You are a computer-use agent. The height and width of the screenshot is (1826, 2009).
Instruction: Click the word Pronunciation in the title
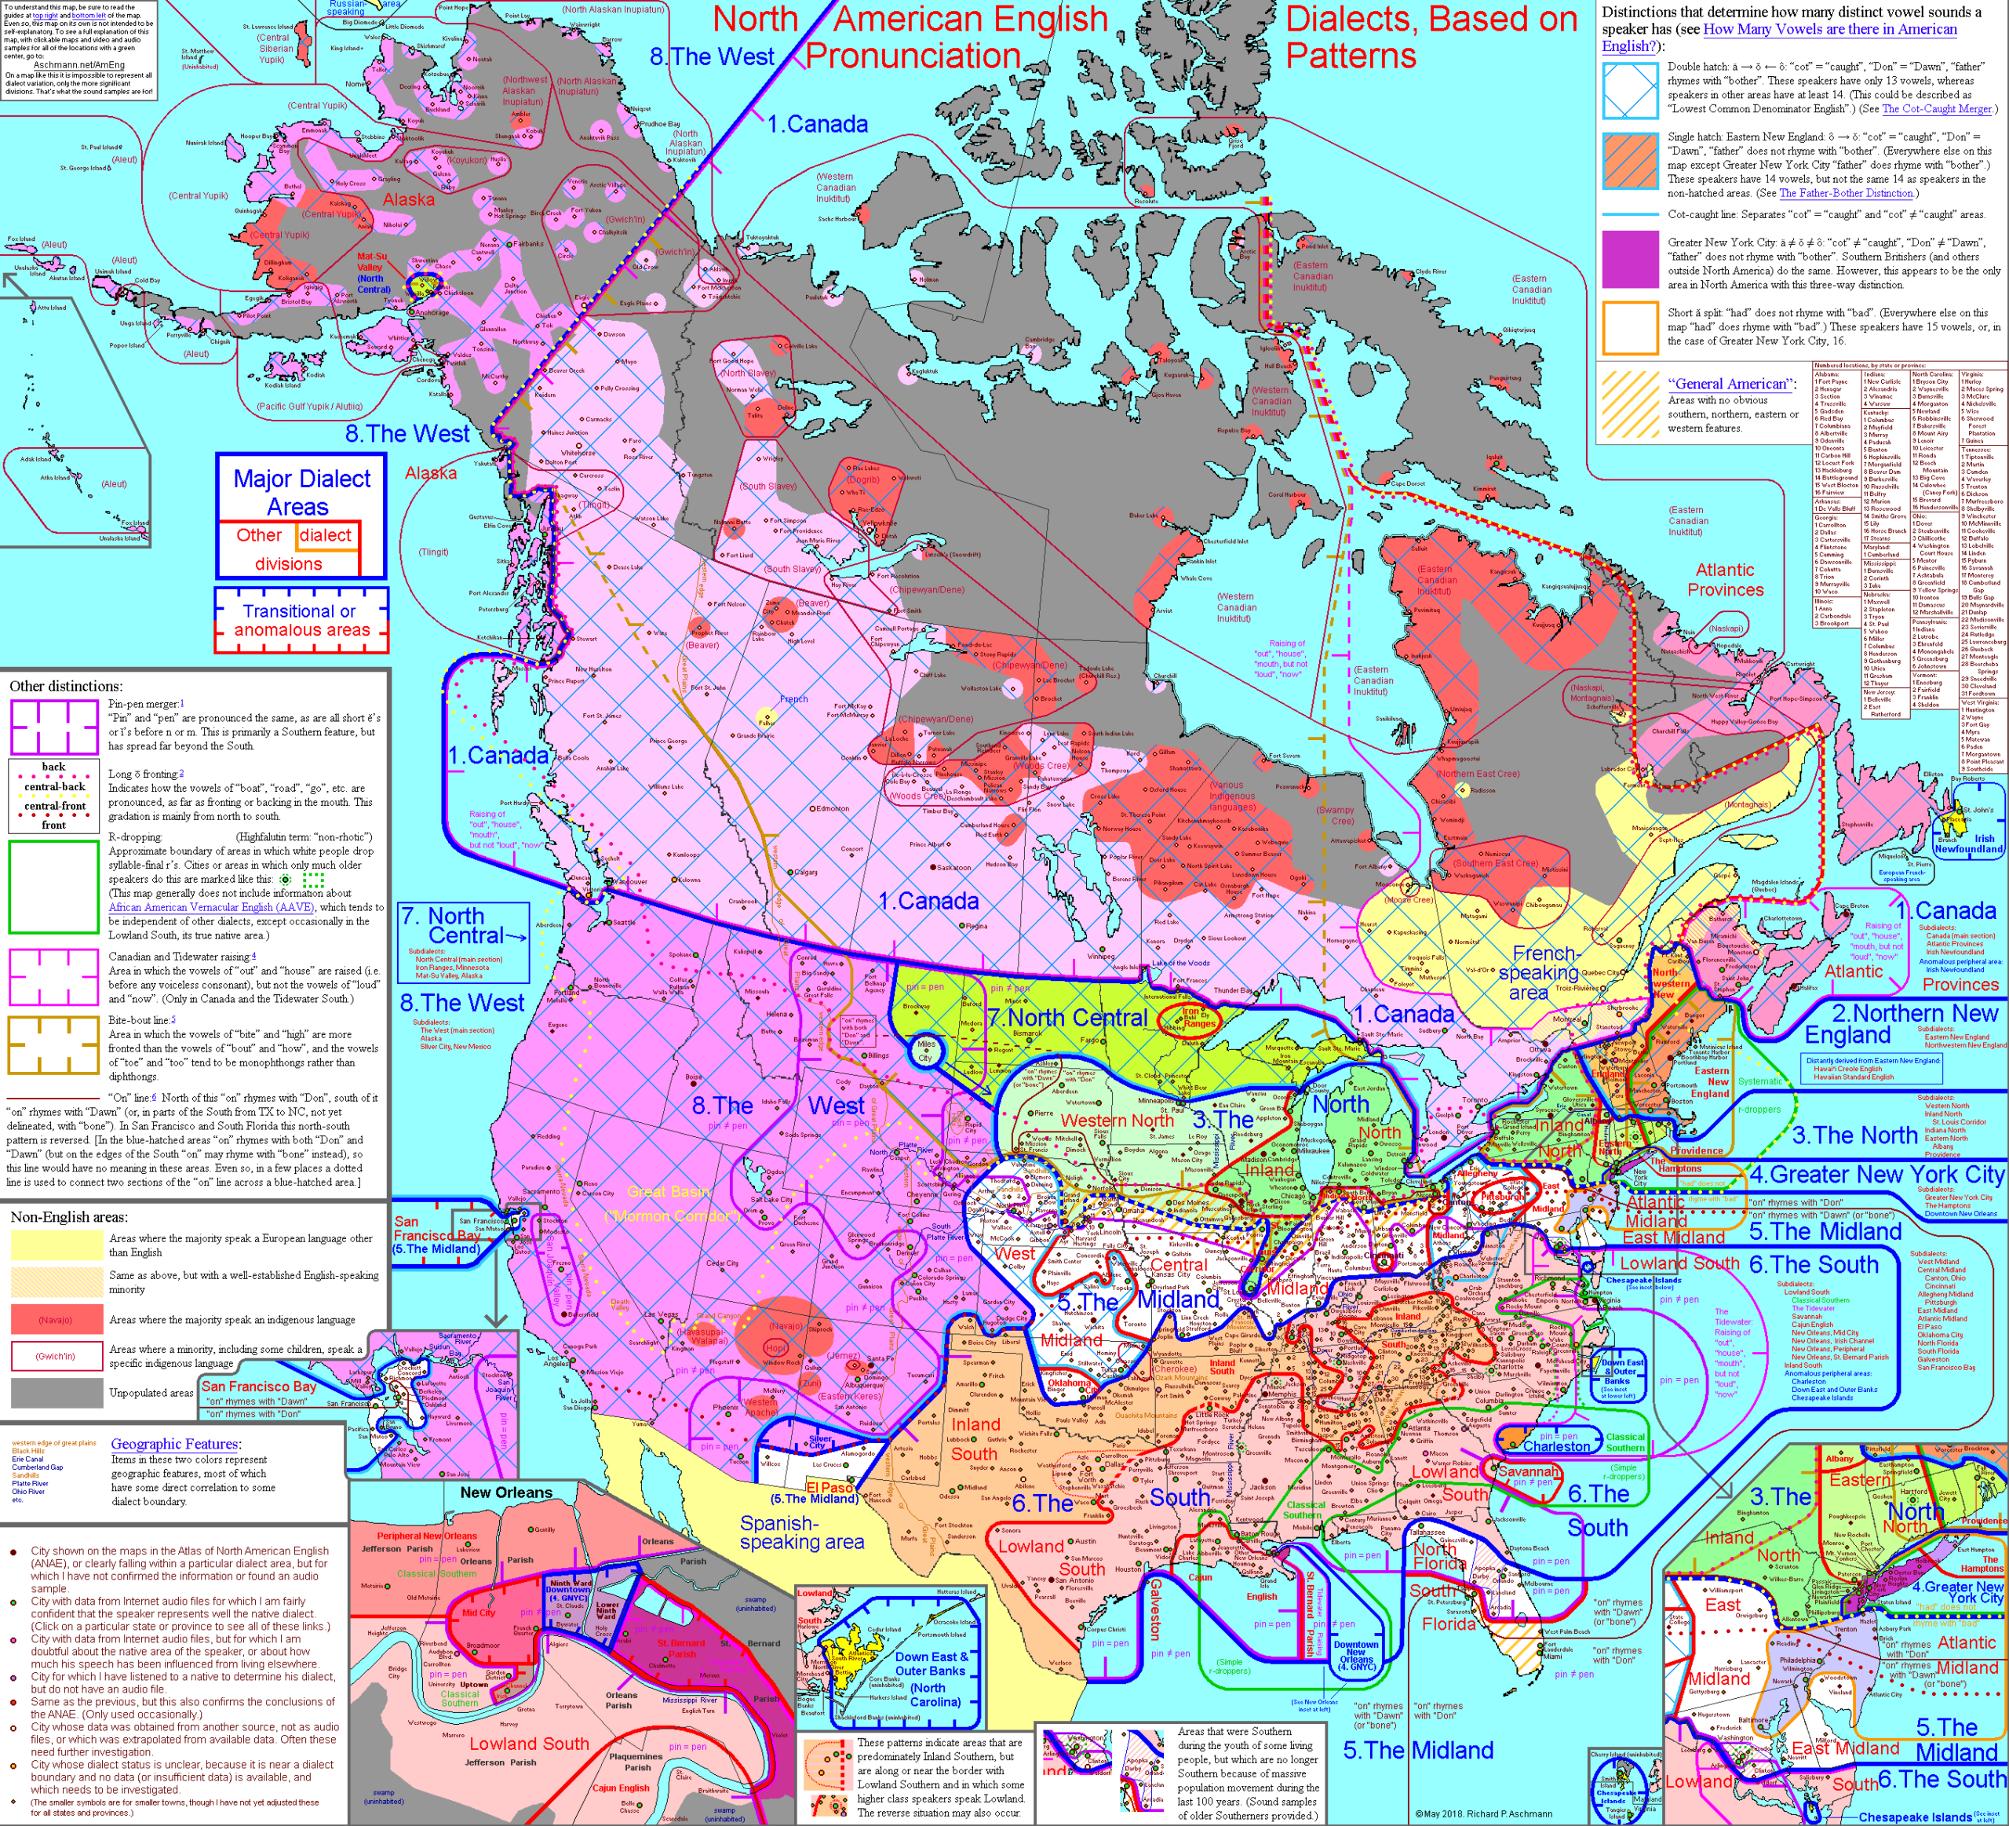coord(913,56)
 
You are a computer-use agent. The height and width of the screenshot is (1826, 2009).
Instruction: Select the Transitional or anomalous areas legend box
coord(301,621)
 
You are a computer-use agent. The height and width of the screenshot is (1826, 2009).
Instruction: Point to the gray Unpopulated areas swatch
coord(56,1391)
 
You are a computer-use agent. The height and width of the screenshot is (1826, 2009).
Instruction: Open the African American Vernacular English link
coord(211,908)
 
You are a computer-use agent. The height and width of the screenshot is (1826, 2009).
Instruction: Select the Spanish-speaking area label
coord(801,1532)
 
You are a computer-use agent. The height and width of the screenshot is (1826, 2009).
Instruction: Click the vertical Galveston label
coord(1155,1609)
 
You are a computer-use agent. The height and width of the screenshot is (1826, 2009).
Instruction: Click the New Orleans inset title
coord(505,1493)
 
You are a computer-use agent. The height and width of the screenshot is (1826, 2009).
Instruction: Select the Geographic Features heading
coord(174,1445)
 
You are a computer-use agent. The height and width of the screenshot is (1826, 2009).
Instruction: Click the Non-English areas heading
coord(69,1217)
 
